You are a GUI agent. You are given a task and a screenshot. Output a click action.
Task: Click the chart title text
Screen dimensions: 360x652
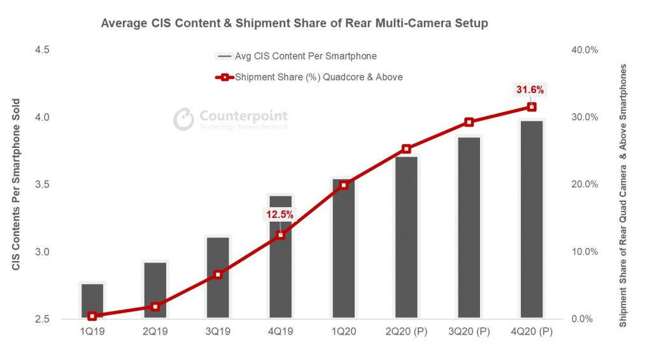[x=294, y=24]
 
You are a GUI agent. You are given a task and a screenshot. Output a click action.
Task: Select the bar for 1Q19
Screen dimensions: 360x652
[x=92, y=301]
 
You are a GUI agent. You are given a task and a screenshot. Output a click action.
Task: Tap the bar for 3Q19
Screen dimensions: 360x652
[x=218, y=278]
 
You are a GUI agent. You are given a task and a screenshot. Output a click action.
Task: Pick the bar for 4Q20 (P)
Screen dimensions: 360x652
[x=532, y=219]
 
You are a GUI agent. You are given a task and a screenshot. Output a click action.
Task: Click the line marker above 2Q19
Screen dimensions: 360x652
[x=155, y=306]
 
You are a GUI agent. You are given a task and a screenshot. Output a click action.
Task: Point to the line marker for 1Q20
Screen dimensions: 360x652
[x=344, y=185]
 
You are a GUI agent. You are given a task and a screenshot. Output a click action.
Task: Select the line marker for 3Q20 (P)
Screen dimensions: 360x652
[x=469, y=122]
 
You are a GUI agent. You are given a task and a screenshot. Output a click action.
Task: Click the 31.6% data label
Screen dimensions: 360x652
[x=530, y=90]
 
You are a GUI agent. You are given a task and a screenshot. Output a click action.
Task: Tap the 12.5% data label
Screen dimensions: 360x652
[x=280, y=215]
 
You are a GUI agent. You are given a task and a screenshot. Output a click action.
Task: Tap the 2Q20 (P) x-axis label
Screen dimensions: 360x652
[x=406, y=331]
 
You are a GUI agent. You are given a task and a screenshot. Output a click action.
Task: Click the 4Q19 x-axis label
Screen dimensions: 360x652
[x=280, y=331]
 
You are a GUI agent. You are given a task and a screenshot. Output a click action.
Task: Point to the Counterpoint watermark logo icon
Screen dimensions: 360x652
[x=184, y=119]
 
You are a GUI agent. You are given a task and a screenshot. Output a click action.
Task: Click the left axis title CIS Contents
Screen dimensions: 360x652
[x=17, y=185]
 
